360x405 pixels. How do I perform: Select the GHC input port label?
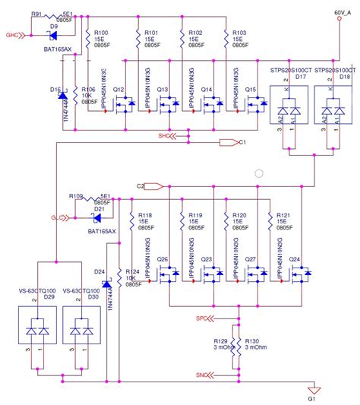pyautogui.click(x=11, y=35)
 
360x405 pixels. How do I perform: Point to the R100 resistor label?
pyautogui.click(x=99, y=33)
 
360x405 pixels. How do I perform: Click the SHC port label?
pyautogui.click(x=164, y=136)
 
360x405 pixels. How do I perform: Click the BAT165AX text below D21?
pyautogui.click(x=101, y=231)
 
